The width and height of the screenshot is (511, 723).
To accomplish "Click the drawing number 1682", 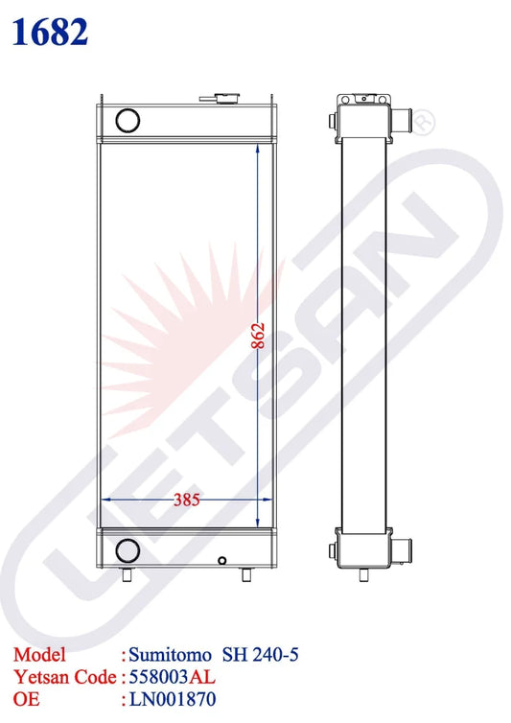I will tap(51, 31).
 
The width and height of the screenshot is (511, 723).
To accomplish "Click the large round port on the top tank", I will tap(126, 120).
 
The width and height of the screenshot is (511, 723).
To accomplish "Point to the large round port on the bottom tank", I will tap(126, 549).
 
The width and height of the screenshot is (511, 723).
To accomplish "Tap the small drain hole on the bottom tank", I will tap(222, 560).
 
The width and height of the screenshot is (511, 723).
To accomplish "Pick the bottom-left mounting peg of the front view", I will tap(126, 575).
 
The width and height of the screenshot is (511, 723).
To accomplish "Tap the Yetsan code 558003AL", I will tap(173, 676).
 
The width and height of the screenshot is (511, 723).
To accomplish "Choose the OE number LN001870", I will tap(172, 698).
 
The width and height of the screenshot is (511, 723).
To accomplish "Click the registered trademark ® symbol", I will tap(425, 121).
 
